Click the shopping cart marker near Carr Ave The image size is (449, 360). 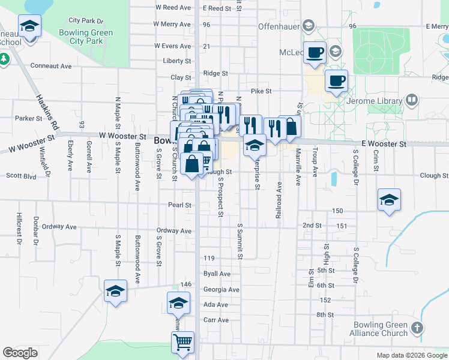182,343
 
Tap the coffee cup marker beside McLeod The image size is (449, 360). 315,52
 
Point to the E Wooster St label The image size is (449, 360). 384,145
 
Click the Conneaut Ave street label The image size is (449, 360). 51,66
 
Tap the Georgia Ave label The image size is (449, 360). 221,289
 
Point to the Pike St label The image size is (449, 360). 261,91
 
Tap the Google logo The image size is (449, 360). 20,353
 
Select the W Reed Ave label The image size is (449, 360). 173,8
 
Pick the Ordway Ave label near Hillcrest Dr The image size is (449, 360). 59,227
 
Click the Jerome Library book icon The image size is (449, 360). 412,100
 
